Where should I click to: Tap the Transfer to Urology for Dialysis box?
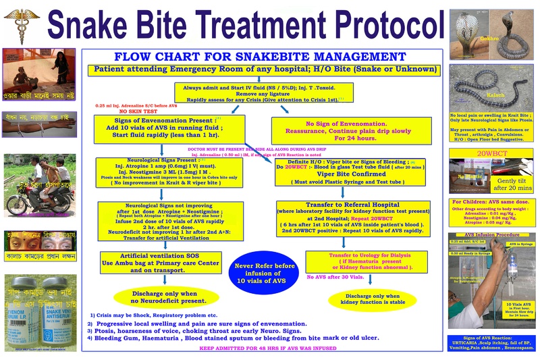click(365, 261)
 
